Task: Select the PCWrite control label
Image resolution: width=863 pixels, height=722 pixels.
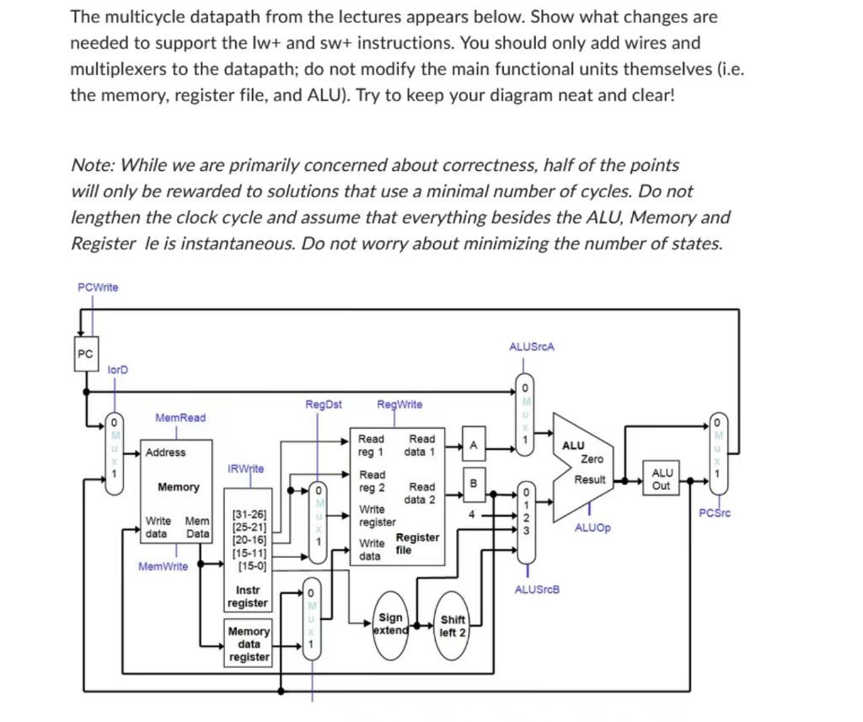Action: (98, 287)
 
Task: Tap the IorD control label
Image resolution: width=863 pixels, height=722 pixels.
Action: (119, 370)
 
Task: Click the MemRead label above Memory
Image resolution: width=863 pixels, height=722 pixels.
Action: (180, 418)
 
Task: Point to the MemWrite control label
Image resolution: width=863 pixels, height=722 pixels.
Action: (163, 567)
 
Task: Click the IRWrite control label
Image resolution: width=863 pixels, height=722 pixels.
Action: (245, 468)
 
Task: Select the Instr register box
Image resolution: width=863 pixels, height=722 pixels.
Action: (248, 596)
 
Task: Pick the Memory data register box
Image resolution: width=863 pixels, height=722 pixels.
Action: (249, 644)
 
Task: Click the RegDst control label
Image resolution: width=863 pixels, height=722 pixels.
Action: (324, 404)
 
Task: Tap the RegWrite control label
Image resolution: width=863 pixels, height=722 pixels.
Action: (399, 404)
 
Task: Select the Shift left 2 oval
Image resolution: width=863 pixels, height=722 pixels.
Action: (453, 626)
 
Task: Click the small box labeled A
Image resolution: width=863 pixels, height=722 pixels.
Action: (474, 445)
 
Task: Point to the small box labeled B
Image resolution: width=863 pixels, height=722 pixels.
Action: (474, 483)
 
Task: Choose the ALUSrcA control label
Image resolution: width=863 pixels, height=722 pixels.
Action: (532, 347)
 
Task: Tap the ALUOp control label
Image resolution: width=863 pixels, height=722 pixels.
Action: (592, 528)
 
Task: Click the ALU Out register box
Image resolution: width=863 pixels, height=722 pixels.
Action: (662, 479)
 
